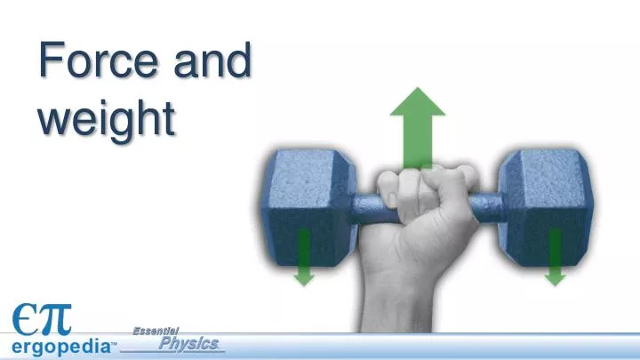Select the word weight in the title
click(105, 120)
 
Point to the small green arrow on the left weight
click(304, 257)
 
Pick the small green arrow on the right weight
click(555, 257)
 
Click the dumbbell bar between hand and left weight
click(364, 209)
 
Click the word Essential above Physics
click(156, 330)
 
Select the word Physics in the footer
click(188, 343)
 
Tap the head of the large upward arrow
click(417, 103)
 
